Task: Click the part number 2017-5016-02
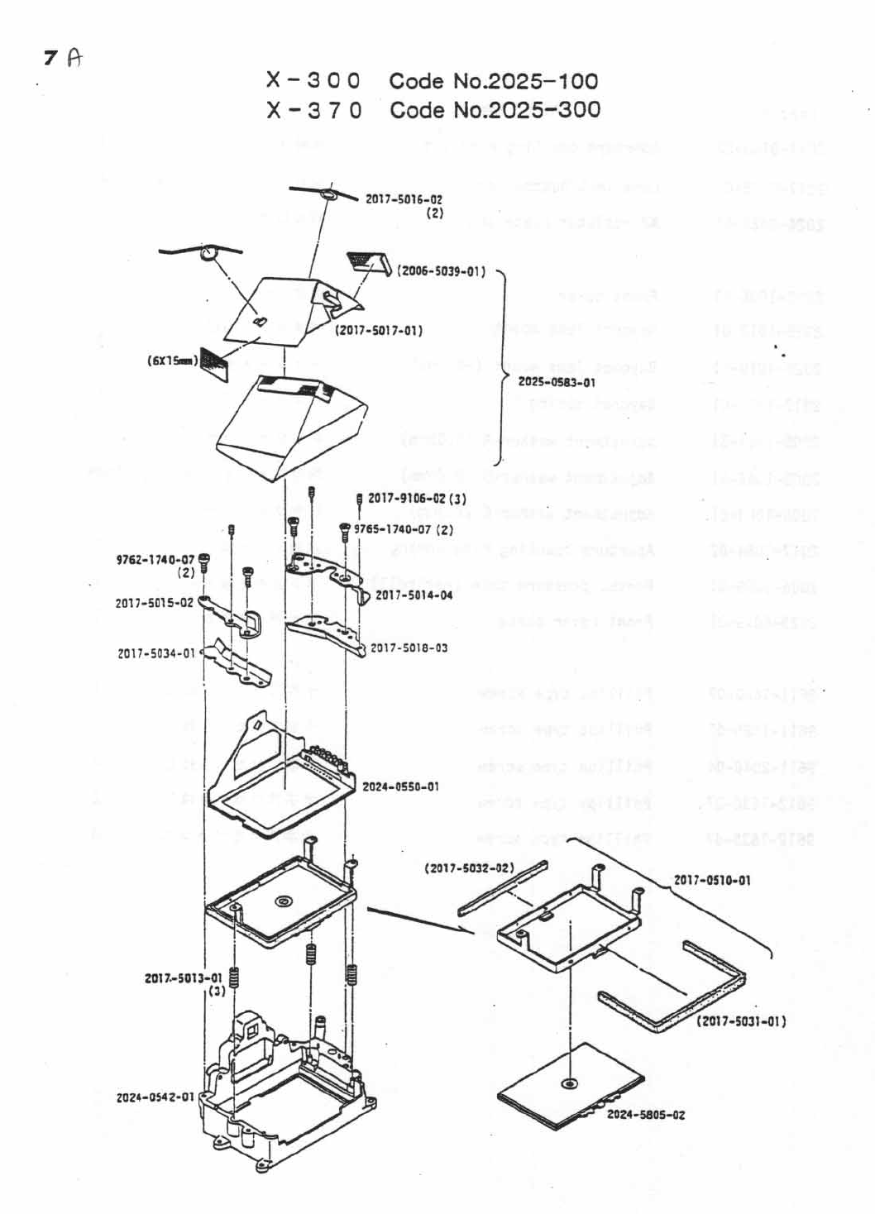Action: coord(404,199)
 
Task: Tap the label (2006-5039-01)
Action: coord(441,271)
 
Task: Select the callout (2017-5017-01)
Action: coord(378,331)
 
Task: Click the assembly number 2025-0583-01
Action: coord(556,382)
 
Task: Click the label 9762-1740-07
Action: coord(155,560)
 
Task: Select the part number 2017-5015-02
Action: coord(154,603)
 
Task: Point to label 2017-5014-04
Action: coord(414,595)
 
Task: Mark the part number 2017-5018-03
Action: coord(409,648)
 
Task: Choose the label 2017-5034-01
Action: coord(156,653)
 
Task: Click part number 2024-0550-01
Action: coord(400,786)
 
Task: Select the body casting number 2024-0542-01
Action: coord(155,1097)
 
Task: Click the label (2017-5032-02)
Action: coord(469,868)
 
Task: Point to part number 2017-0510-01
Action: coord(712,880)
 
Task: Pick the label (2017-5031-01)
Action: coord(741,1021)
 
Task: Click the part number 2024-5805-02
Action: coord(646,1115)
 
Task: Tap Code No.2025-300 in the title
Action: coord(495,110)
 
